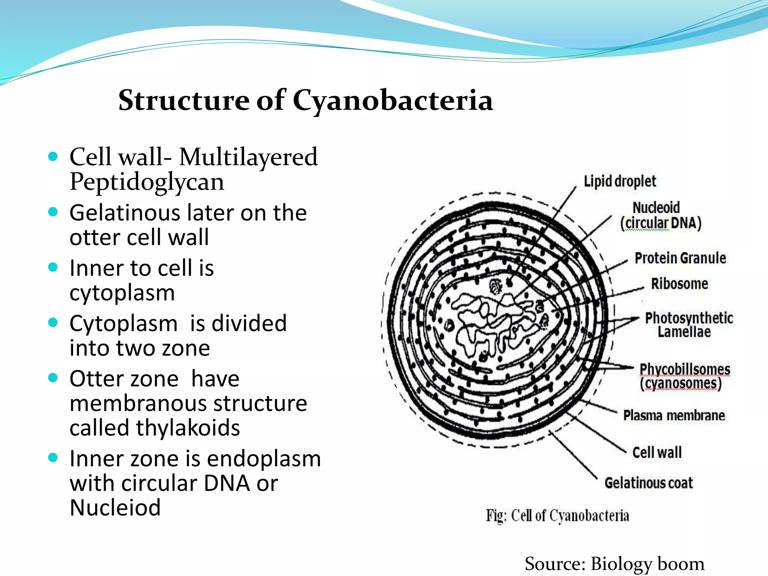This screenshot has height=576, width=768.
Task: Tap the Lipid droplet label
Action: coord(619,181)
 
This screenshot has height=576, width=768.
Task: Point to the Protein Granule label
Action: coord(680,258)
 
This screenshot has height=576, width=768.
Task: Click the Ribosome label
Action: coord(679,284)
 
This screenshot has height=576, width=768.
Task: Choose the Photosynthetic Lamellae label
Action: coord(688,325)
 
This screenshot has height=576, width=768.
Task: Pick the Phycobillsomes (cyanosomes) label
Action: coord(684,376)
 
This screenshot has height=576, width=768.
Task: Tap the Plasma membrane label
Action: coord(673,415)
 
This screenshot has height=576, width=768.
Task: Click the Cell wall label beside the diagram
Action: coord(657,452)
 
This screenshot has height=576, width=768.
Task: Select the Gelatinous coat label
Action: coord(648,483)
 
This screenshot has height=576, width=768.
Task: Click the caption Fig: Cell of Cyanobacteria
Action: coord(557,516)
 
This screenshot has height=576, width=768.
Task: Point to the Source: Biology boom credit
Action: coord(614,564)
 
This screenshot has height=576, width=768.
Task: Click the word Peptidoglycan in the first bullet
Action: coord(147,183)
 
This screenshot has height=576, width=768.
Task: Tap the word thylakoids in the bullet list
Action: coord(188,428)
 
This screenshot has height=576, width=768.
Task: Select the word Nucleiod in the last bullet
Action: coord(115,508)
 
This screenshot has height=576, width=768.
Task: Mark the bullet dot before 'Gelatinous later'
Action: coord(53,212)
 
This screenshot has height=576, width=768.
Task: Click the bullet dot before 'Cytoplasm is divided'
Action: coord(53,323)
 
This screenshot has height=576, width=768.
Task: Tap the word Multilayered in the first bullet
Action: coord(248,157)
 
